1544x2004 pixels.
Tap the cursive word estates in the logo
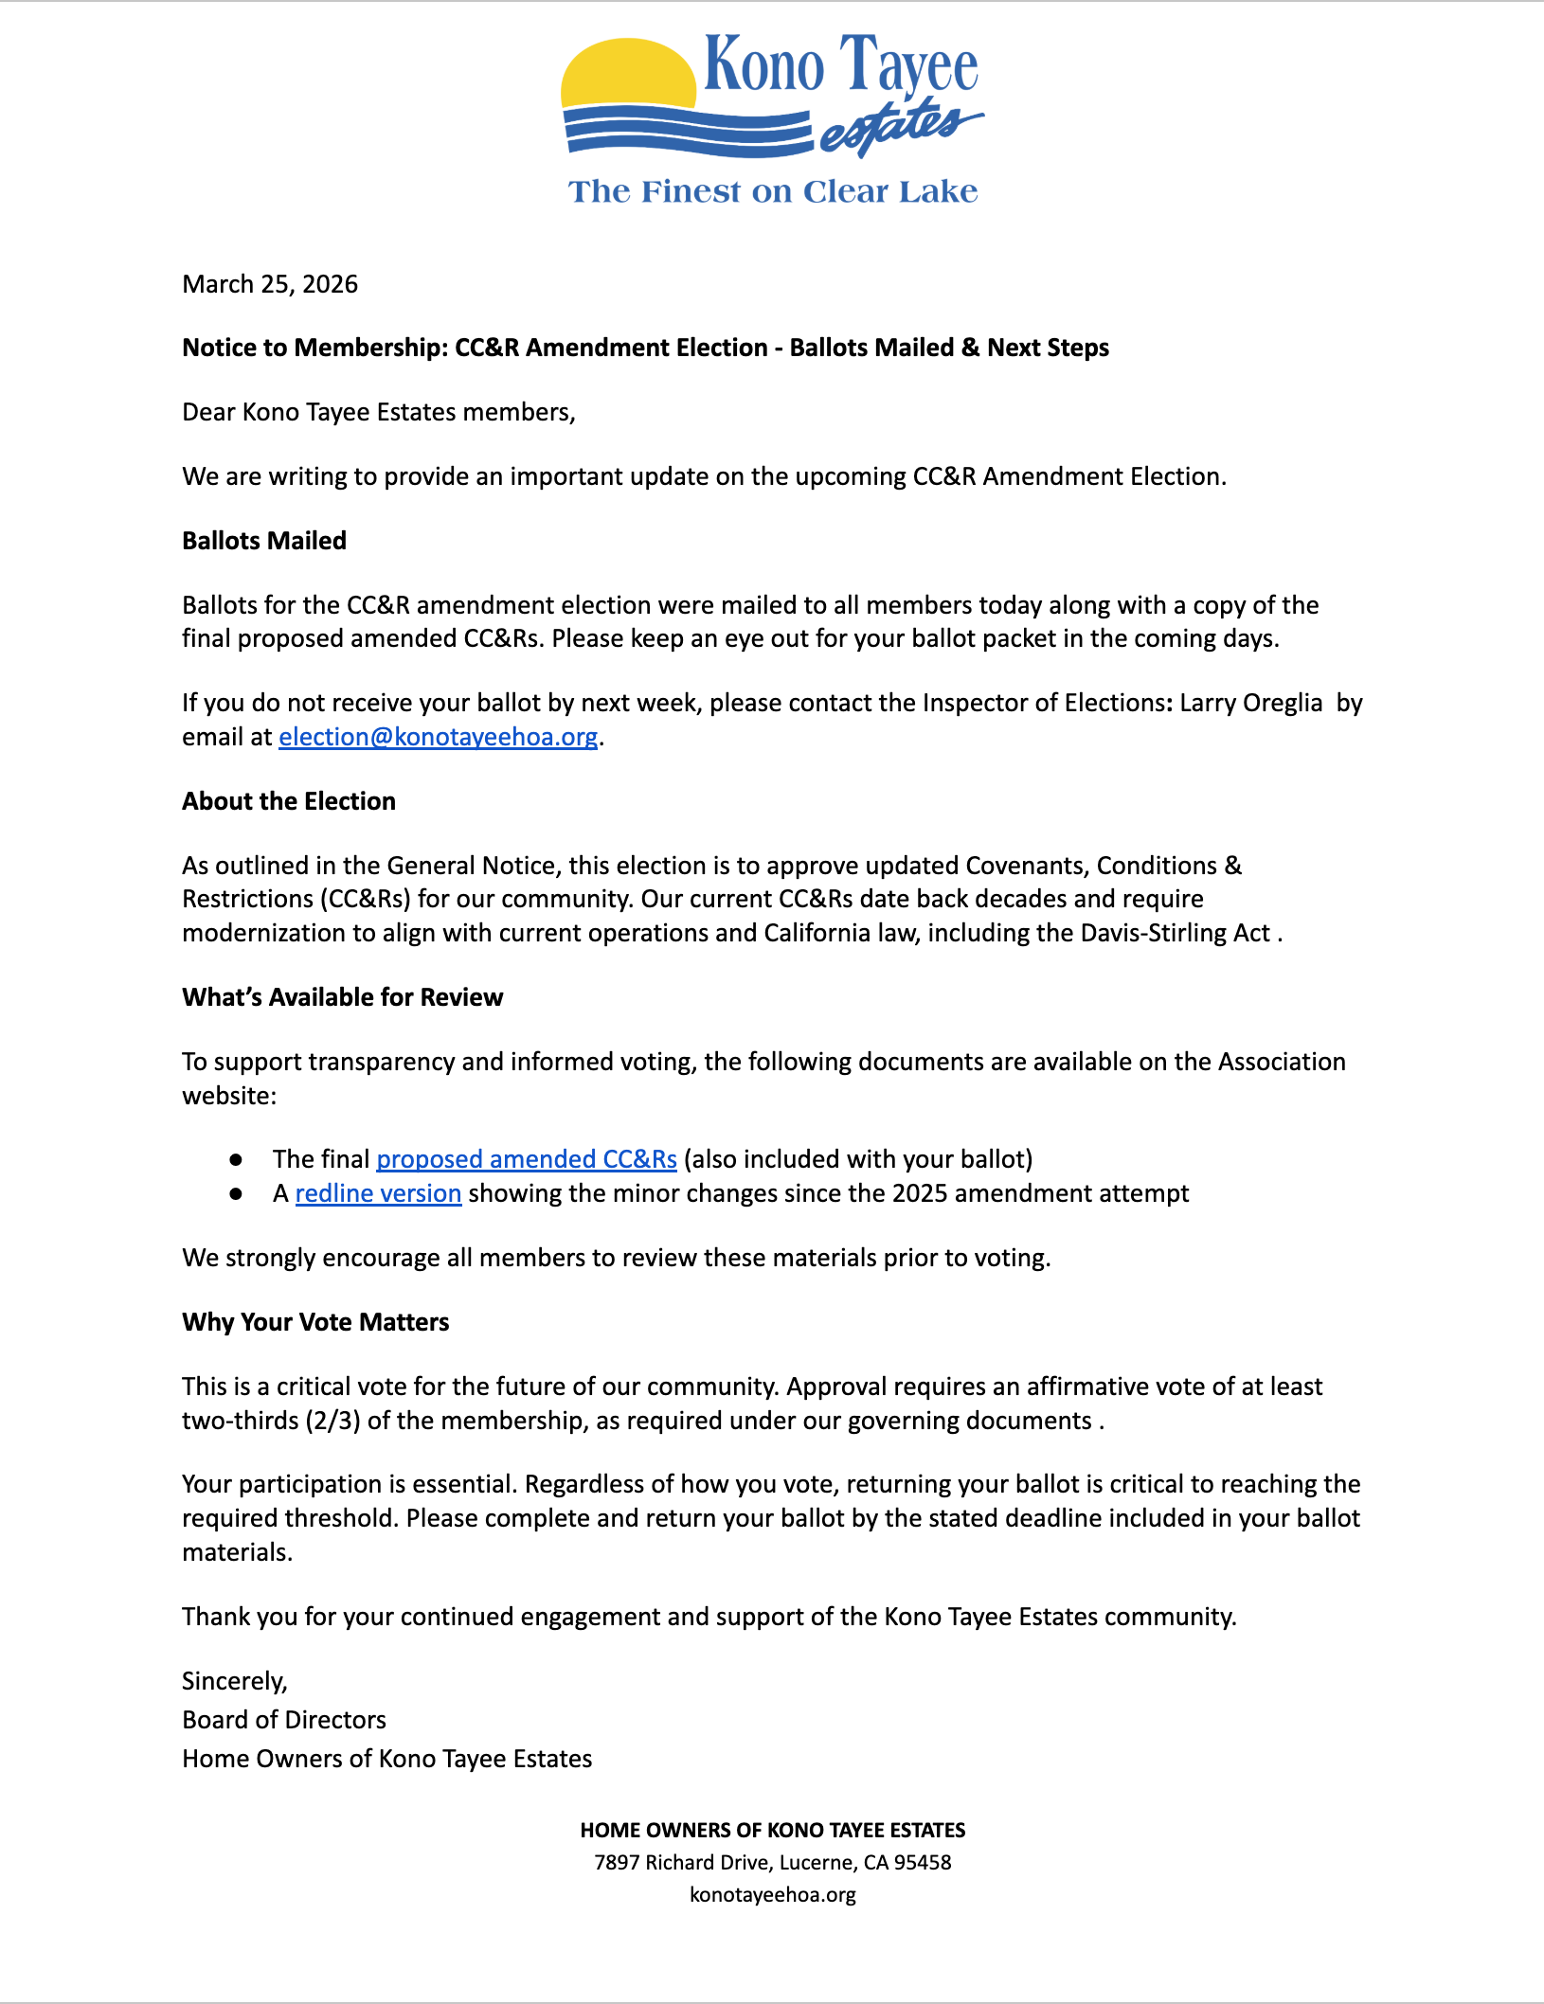pos(895,127)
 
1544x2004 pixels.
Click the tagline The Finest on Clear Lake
pos(772,191)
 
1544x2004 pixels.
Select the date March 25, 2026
pos(270,284)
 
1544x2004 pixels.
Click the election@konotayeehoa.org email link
pos(438,737)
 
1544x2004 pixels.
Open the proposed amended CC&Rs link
pos(527,1159)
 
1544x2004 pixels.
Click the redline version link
pos(378,1193)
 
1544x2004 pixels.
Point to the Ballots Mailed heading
pos(264,541)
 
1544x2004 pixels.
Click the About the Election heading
pos(289,801)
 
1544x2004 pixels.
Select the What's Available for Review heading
pos(343,997)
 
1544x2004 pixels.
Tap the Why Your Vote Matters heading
pos(315,1322)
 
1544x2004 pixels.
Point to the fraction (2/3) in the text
pos(332,1421)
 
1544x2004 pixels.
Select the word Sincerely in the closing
pos(233,1681)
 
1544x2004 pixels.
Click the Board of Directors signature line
pos(284,1720)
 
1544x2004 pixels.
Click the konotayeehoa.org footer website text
pos(772,1894)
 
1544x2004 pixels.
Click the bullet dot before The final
pos(236,1159)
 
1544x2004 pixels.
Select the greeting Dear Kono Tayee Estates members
pos(378,412)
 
